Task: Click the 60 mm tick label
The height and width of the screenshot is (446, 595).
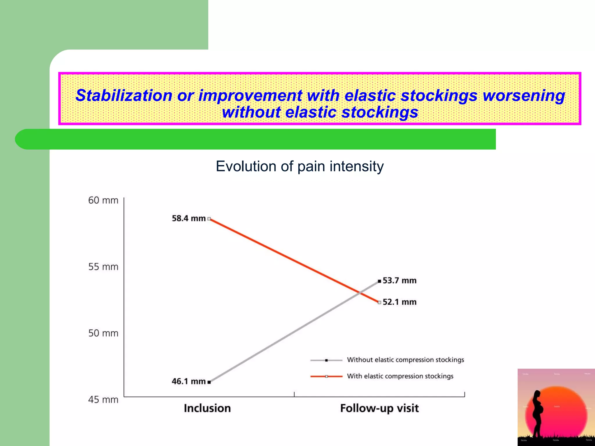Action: click(x=103, y=200)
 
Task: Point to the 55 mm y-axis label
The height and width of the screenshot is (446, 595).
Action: click(x=103, y=267)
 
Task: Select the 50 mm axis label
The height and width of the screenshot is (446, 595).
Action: click(x=103, y=333)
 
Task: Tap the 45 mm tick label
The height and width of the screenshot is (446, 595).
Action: click(x=103, y=400)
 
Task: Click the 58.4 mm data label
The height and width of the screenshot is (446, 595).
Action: click(x=189, y=218)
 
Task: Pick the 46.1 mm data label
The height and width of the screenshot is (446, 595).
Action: click(x=189, y=381)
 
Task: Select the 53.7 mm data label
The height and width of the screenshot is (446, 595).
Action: click(x=399, y=280)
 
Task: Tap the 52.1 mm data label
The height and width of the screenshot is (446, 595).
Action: click(x=399, y=302)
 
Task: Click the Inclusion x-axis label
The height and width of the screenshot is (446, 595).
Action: click(x=207, y=408)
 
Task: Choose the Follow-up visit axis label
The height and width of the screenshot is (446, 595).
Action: click(x=379, y=408)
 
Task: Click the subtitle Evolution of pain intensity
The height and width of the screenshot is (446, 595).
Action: click(x=300, y=166)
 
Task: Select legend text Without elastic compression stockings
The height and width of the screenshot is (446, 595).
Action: click(x=405, y=360)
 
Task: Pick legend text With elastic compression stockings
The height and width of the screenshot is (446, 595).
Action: click(x=400, y=376)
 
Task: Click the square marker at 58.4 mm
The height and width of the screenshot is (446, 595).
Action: click(x=209, y=219)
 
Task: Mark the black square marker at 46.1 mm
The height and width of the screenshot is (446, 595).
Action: click(x=209, y=382)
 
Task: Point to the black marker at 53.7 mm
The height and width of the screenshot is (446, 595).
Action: click(x=379, y=281)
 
